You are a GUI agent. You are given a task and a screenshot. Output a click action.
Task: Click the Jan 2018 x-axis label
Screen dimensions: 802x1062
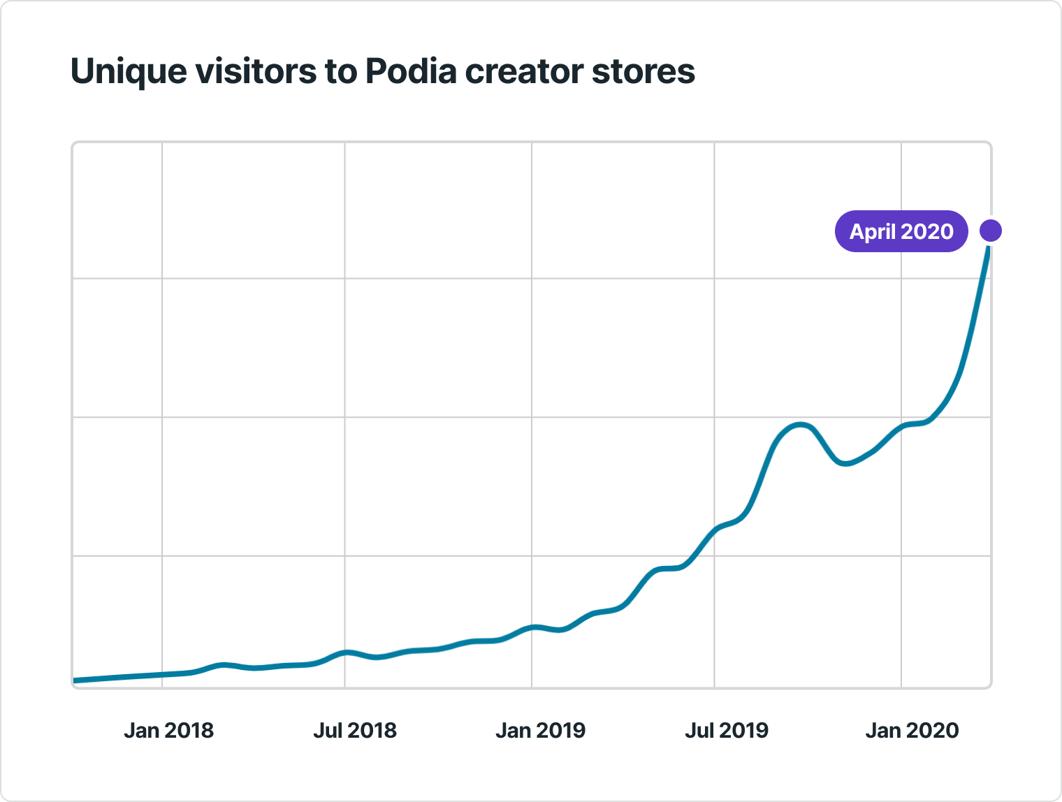pyautogui.click(x=168, y=731)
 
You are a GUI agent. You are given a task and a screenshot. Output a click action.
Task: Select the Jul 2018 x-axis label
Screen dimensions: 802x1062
pyautogui.click(x=354, y=731)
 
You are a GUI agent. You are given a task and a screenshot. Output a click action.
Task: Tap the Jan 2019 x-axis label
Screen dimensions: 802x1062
pyautogui.click(x=540, y=731)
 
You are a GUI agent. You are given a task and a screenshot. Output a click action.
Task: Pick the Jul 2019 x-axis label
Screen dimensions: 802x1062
pyautogui.click(x=726, y=731)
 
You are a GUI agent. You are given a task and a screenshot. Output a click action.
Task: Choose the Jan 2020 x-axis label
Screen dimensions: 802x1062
pyautogui.click(x=912, y=731)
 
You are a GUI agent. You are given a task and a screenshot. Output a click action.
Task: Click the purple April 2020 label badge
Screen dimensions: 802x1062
pyautogui.click(x=901, y=231)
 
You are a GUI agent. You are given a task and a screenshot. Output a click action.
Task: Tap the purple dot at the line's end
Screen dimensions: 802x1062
pyautogui.click(x=990, y=230)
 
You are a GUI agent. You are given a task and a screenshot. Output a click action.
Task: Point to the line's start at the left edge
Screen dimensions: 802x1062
pyautogui.click(x=75, y=680)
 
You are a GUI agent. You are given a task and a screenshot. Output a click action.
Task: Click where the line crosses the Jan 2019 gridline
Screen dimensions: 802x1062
pyautogui.click(x=532, y=627)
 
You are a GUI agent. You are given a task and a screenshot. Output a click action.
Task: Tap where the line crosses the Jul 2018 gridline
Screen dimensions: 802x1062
pyautogui.click(x=344, y=652)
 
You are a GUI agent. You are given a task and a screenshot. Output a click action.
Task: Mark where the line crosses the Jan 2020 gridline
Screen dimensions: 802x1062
pyautogui.click(x=901, y=426)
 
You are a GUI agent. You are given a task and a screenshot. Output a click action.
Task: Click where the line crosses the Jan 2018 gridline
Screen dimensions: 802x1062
pyautogui.click(x=162, y=674)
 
